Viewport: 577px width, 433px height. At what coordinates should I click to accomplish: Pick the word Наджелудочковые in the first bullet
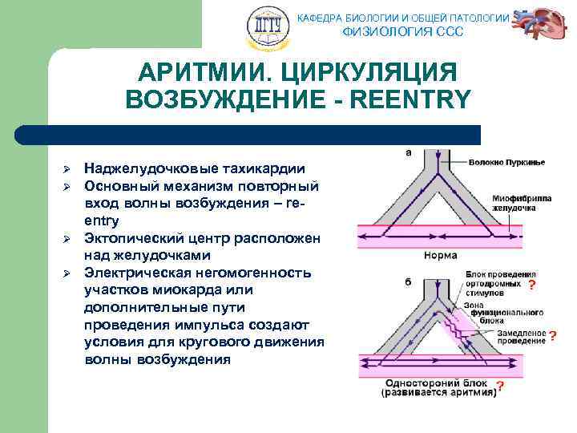pos(149,168)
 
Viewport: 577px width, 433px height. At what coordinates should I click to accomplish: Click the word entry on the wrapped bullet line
pos(101,221)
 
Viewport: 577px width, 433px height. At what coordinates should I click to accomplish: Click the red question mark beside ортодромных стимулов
pos(532,284)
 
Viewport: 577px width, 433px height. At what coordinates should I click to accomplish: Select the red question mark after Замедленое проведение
pos(552,337)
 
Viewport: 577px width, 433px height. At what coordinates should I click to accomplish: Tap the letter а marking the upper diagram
pos(409,152)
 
